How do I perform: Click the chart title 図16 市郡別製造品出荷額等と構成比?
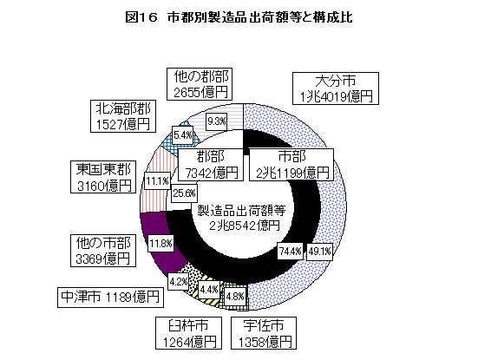tap(239, 17)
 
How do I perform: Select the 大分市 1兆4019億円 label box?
tap(336, 88)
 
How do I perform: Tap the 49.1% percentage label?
tap(319, 252)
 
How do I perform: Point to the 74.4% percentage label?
tap(291, 252)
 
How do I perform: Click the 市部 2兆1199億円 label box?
tap(291, 165)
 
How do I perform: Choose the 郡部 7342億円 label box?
tap(211, 165)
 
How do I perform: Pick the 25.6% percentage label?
tap(184, 193)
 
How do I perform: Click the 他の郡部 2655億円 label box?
tap(200, 84)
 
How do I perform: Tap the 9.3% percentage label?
tap(216, 121)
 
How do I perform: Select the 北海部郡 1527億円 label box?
tap(123, 116)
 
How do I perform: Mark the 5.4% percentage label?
tap(182, 135)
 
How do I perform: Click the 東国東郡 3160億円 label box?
tap(103, 177)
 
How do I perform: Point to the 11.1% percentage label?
tap(157, 181)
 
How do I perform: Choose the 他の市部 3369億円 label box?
tap(103, 251)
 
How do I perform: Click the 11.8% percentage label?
tap(161, 243)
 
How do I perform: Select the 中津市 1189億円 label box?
tap(110, 298)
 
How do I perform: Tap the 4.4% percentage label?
tap(209, 289)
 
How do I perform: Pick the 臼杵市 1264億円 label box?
tap(188, 333)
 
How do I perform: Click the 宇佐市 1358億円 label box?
tap(264, 333)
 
